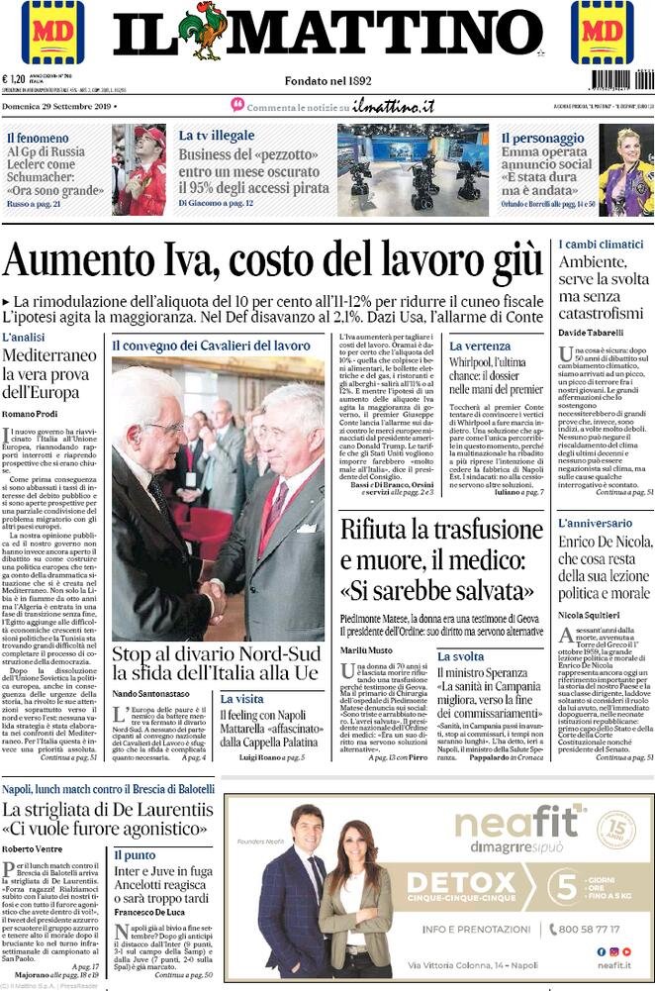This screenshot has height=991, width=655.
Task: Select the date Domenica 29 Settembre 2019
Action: click(x=58, y=105)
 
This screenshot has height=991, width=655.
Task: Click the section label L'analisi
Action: click(x=24, y=338)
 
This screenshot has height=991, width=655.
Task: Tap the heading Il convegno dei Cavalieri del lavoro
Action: click(x=210, y=345)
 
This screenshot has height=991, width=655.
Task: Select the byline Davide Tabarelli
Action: click(x=593, y=332)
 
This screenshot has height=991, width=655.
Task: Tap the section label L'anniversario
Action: click(x=596, y=523)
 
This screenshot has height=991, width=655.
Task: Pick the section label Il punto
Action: click(x=134, y=854)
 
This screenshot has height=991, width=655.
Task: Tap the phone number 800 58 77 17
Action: click(x=596, y=929)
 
